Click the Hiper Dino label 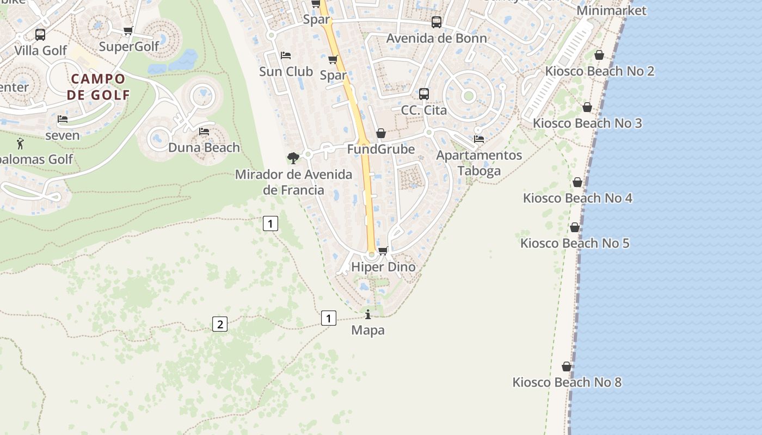[x=383, y=267]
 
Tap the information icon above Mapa [x=368, y=314]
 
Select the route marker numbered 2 [x=219, y=325]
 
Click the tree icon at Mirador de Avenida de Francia [x=293, y=158]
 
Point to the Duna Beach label [x=204, y=147]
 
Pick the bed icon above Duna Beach [x=204, y=132]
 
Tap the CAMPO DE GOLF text [x=99, y=87]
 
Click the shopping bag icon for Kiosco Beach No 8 [x=567, y=366]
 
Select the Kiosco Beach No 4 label [x=577, y=198]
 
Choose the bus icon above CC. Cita [x=424, y=94]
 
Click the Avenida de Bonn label [x=437, y=39]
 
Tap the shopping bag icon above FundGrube [x=381, y=133]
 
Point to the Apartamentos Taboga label [x=479, y=163]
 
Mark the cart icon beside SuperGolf [x=128, y=31]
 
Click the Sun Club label [x=286, y=71]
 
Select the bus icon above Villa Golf [x=40, y=35]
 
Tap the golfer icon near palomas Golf [x=21, y=144]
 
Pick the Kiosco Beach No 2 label [x=599, y=71]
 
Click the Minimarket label [x=611, y=10]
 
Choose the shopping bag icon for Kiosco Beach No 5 [x=575, y=227]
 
